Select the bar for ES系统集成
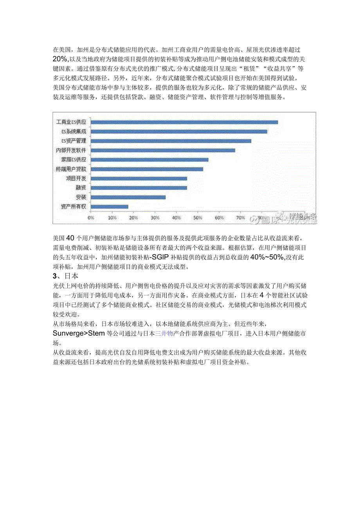179,131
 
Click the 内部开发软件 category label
71,150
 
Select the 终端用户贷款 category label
71,169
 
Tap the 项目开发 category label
76,178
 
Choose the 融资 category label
81,188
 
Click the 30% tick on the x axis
155,217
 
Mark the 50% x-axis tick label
198,217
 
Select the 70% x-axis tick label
241,217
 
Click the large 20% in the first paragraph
60,59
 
